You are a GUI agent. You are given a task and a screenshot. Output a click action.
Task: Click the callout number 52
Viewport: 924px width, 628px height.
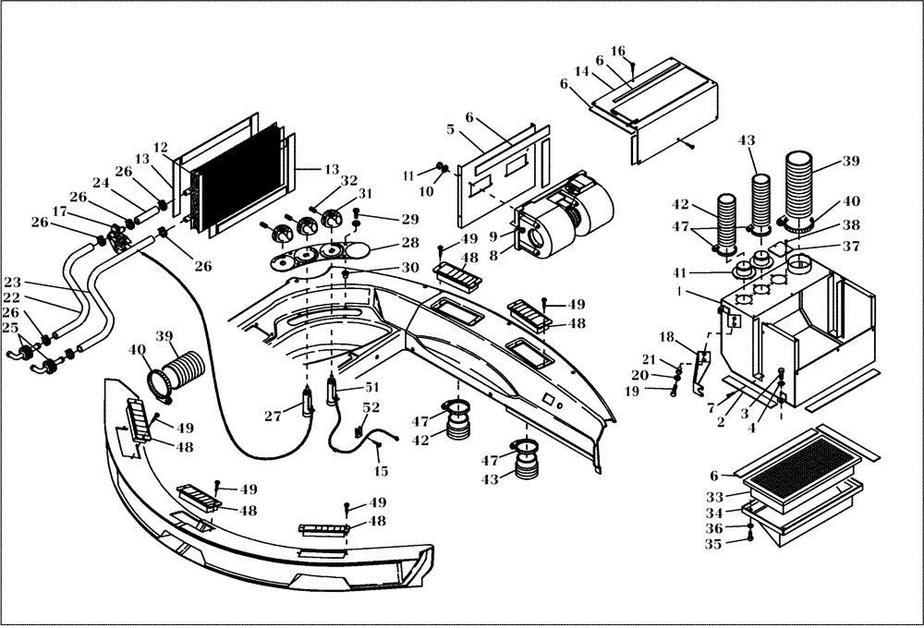[370, 408]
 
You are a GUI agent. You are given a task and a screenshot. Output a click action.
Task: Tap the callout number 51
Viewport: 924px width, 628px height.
[372, 388]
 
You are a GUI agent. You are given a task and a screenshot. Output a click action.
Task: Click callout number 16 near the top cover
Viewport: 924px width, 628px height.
[618, 50]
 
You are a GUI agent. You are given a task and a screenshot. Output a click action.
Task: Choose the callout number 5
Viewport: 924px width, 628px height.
[450, 130]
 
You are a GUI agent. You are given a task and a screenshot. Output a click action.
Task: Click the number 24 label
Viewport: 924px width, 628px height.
[100, 184]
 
